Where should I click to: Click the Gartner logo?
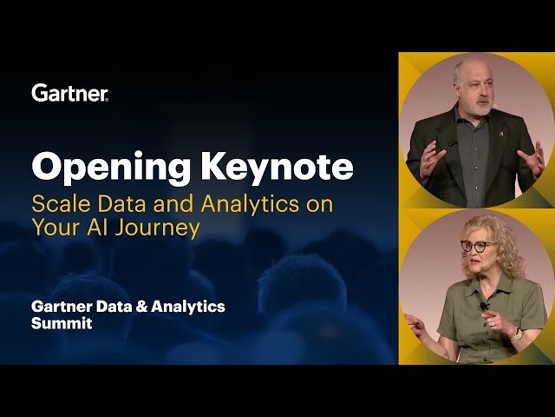tap(69, 93)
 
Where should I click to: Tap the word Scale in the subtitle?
tap(56, 206)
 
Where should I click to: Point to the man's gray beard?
tap(476, 103)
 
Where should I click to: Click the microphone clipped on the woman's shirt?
tap(484, 305)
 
